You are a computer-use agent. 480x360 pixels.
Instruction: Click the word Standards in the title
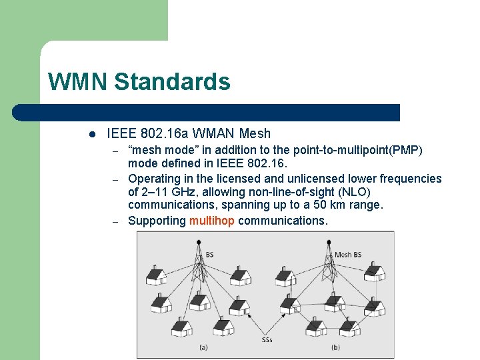[x=172, y=82]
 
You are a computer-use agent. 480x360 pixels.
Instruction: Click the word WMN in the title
[x=77, y=82]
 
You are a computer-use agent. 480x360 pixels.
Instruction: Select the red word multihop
[x=212, y=221]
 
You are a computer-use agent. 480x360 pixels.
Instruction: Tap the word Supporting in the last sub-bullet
[x=157, y=221]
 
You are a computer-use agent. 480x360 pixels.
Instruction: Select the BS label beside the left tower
[x=210, y=254]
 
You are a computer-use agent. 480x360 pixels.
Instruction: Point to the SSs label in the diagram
[x=267, y=340]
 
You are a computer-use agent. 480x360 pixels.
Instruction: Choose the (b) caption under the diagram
[x=335, y=347]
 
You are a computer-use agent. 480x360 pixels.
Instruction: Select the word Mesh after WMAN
[x=256, y=133]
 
